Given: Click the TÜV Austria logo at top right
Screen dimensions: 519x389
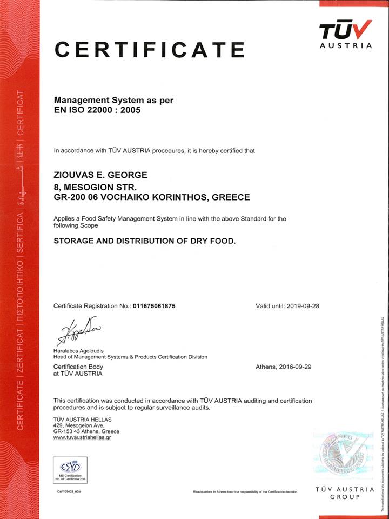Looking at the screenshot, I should point(345,34).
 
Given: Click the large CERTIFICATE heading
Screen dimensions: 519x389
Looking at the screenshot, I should point(150,50).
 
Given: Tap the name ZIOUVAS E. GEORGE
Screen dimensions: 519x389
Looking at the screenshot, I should point(100,175).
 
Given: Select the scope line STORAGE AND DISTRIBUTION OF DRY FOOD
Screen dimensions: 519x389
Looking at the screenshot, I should point(145,241).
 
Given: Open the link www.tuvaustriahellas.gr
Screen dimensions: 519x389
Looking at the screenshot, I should point(82,438).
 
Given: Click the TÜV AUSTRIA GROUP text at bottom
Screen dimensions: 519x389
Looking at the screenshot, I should point(345,493).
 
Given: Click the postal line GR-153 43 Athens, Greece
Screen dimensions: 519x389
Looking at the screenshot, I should point(86,431).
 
